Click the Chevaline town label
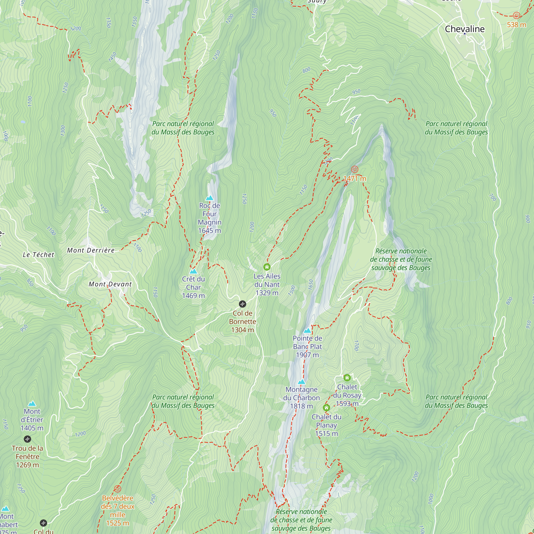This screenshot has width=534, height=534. [x=464, y=29]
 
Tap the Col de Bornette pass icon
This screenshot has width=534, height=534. [x=242, y=304]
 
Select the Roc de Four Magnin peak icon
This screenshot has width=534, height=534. [x=210, y=198]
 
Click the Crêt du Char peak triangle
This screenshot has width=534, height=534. [x=194, y=272]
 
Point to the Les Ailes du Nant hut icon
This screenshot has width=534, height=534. [x=267, y=267]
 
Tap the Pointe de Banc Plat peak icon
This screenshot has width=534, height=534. [x=307, y=331]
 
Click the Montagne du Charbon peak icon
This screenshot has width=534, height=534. [x=301, y=382]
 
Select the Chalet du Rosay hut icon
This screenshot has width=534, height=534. [x=347, y=377]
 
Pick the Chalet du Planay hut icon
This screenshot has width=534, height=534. [x=327, y=407]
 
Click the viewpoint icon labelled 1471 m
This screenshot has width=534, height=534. [x=355, y=170]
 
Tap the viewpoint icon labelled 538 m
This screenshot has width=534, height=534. [x=516, y=15]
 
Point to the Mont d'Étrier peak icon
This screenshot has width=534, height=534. [x=32, y=403]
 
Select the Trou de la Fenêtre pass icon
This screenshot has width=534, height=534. [x=27, y=439]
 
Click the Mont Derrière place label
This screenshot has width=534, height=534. [x=91, y=250]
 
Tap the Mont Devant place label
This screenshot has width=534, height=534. [x=110, y=284]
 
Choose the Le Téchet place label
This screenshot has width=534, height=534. [x=38, y=255]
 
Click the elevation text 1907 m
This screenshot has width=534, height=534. [x=307, y=355]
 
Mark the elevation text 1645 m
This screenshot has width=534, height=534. [x=210, y=230]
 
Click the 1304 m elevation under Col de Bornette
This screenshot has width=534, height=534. [x=242, y=330]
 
